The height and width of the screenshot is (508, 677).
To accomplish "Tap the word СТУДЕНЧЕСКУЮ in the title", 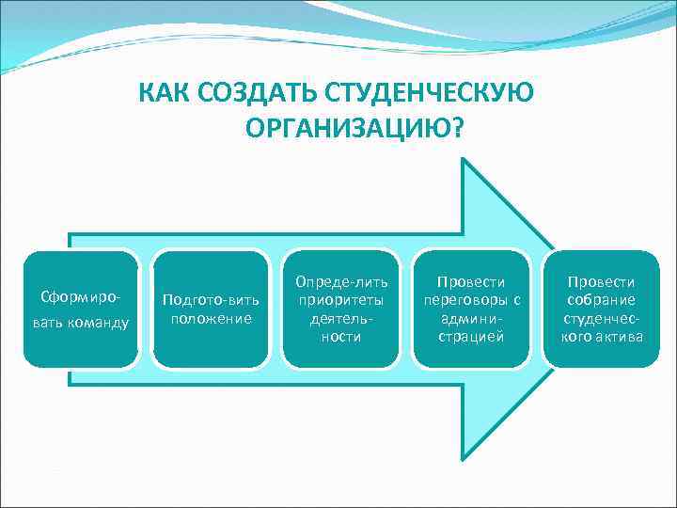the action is click(x=429, y=94).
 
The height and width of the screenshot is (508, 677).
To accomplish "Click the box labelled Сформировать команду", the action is click(x=81, y=309).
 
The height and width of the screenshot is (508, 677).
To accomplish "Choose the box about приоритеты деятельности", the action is click(x=341, y=309).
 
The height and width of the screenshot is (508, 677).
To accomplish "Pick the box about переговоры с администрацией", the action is click(x=472, y=309).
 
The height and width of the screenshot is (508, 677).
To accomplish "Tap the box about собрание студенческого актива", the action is click(x=602, y=309).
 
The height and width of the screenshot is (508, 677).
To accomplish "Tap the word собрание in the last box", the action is click(x=602, y=300).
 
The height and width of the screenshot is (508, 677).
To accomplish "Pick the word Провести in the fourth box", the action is click(x=472, y=282).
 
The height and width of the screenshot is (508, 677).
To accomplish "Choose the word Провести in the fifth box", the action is click(x=602, y=282).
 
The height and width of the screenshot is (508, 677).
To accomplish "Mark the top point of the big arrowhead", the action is click(x=464, y=159).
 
